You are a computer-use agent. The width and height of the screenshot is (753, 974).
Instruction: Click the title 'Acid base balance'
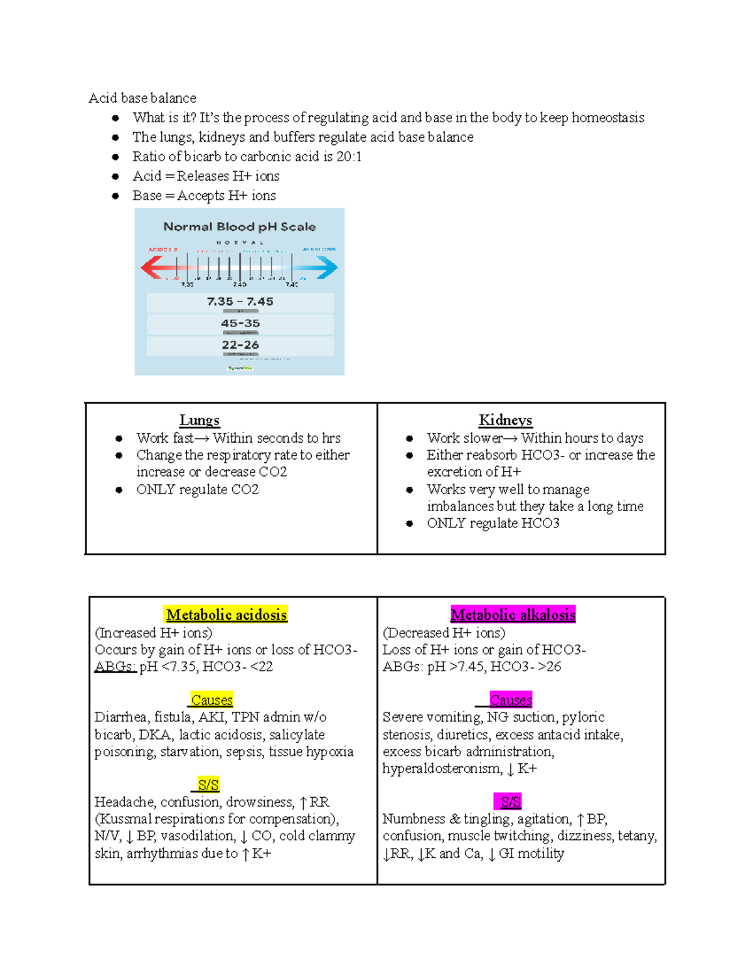coord(142,98)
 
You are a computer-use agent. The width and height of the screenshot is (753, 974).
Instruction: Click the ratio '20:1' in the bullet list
coord(349,156)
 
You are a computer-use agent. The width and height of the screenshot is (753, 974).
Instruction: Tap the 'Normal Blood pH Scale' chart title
coord(239,226)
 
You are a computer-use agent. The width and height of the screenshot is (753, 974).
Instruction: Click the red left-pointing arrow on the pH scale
coord(152,268)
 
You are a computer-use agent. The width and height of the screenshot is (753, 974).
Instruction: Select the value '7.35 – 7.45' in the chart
coord(240,302)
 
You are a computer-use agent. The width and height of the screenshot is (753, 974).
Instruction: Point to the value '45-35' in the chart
coord(240,323)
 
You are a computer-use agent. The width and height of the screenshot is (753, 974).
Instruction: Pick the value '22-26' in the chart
coord(240,345)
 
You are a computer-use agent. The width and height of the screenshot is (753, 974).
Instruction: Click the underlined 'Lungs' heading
coord(199,420)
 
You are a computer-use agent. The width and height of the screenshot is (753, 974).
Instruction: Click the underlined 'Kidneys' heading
coord(505,420)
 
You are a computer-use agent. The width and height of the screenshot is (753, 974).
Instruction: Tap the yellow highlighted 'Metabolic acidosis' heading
coord(226,615)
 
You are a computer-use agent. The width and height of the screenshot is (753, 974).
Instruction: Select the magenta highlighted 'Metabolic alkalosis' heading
coord(513,615)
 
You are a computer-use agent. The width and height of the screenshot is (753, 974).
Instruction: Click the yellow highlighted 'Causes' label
coord(211,700)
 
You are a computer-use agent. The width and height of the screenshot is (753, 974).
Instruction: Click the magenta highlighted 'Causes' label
coord(510,700)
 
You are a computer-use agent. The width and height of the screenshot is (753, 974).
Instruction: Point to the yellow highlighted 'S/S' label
coord(208,785)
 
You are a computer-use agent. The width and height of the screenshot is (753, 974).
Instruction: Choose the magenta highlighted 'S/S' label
coord(510,802)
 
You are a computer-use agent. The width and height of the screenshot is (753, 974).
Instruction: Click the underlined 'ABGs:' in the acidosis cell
coord(115,667)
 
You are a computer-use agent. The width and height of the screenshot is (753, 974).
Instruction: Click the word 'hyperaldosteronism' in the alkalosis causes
coord(441,768)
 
